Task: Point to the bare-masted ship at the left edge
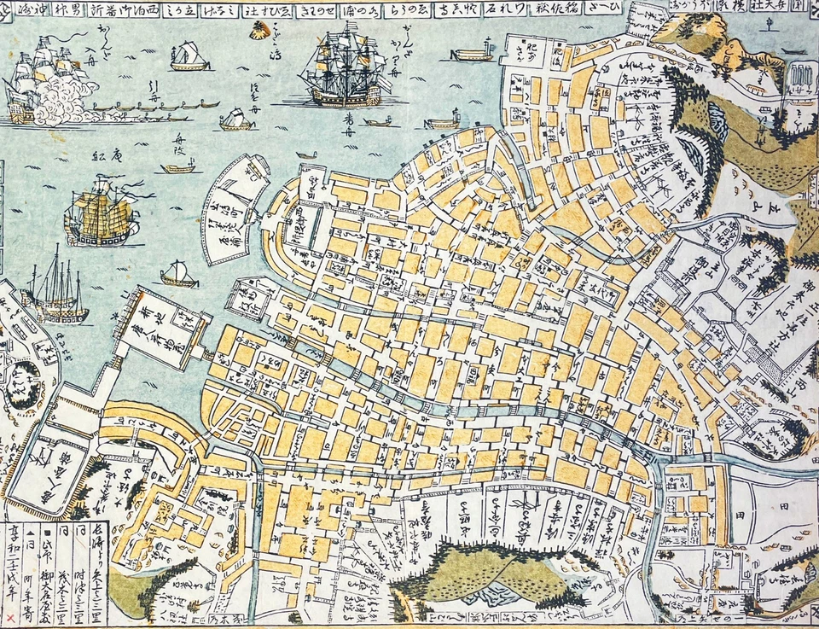(x=55, y=290)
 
